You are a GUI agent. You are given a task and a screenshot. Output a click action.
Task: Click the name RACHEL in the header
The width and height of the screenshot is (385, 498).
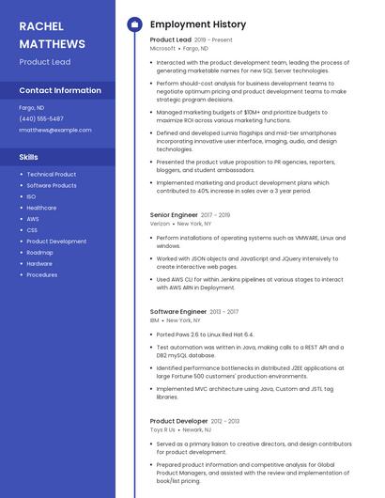40,25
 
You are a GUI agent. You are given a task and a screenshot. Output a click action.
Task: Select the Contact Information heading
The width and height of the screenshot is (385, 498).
60,91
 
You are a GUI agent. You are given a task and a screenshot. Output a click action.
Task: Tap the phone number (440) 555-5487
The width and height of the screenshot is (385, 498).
41,118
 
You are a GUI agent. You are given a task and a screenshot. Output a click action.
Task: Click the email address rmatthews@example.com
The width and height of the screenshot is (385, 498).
49,130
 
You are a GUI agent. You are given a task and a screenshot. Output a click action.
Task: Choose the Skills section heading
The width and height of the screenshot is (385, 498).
29,157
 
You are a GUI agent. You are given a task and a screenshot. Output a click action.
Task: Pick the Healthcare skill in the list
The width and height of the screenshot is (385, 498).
41,208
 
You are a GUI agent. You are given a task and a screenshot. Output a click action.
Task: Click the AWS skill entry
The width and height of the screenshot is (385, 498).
33,219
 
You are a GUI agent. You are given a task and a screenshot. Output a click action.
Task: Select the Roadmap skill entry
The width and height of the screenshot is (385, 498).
39,253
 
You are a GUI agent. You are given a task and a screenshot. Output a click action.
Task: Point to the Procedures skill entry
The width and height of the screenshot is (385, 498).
41,275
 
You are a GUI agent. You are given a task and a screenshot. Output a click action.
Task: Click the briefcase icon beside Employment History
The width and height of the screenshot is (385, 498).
134,24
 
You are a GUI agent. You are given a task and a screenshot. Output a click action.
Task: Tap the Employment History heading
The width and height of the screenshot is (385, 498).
198,24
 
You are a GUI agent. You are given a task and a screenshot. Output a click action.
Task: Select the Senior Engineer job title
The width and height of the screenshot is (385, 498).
173,215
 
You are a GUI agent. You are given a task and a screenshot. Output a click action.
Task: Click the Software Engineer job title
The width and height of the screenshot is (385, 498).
177,311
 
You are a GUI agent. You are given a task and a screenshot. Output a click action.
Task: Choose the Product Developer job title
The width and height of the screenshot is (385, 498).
178,421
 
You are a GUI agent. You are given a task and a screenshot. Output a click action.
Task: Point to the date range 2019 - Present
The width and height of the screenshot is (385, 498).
213,40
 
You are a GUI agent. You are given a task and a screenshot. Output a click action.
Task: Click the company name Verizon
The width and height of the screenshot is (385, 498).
160,224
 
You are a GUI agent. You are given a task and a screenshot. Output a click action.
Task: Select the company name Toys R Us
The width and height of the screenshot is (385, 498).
162,429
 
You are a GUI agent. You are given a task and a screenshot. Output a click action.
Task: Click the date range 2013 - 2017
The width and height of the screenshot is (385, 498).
224,311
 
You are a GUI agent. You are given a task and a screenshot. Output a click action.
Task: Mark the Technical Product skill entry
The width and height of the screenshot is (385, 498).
52,174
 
